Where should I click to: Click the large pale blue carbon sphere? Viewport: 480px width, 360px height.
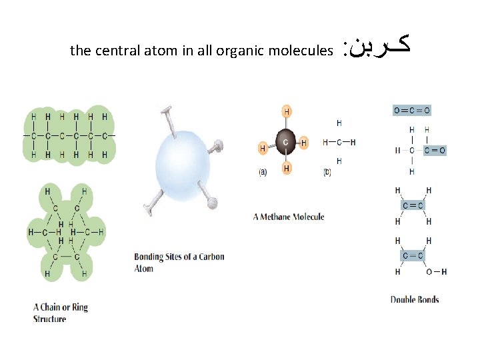point(182,163)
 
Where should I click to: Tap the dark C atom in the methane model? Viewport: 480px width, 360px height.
point(286,143)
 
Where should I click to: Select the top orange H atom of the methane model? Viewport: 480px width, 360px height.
point(287,111)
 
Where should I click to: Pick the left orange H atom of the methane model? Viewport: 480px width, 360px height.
point(263,148)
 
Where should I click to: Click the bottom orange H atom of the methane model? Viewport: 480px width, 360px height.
point(287,169)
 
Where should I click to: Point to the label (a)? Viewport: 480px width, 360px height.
point(263,172)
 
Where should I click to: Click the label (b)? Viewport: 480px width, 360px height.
point(327,172)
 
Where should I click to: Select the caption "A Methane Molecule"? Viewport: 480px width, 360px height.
point(289,217)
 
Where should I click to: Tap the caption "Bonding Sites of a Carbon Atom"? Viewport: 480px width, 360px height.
point(179,263)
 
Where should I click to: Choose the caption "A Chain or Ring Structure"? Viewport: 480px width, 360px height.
point(60,313)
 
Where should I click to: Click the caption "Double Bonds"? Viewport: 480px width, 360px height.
point(414,299)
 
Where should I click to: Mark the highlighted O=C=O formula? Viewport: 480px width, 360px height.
point(411,110)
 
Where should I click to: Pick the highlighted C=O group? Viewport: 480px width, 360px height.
point(434,150)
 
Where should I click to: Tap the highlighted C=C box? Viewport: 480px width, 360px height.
point(413,205)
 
